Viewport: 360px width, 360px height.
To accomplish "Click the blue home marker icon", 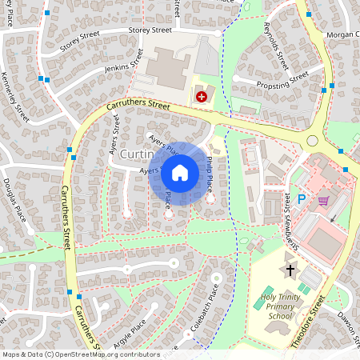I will click(180, 173).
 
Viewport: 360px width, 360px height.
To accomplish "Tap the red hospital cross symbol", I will click(201, 96).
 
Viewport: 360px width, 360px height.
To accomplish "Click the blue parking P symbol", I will click(302, 199).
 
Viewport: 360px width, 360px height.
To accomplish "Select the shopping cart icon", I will click(323, 201).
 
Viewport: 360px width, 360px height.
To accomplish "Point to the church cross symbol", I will click(290, 270).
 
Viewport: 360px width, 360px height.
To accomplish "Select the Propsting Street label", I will click(282, 82).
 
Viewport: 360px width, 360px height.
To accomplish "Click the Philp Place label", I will click(207, 174).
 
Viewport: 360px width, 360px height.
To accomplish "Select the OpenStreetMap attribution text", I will click(81, 354).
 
